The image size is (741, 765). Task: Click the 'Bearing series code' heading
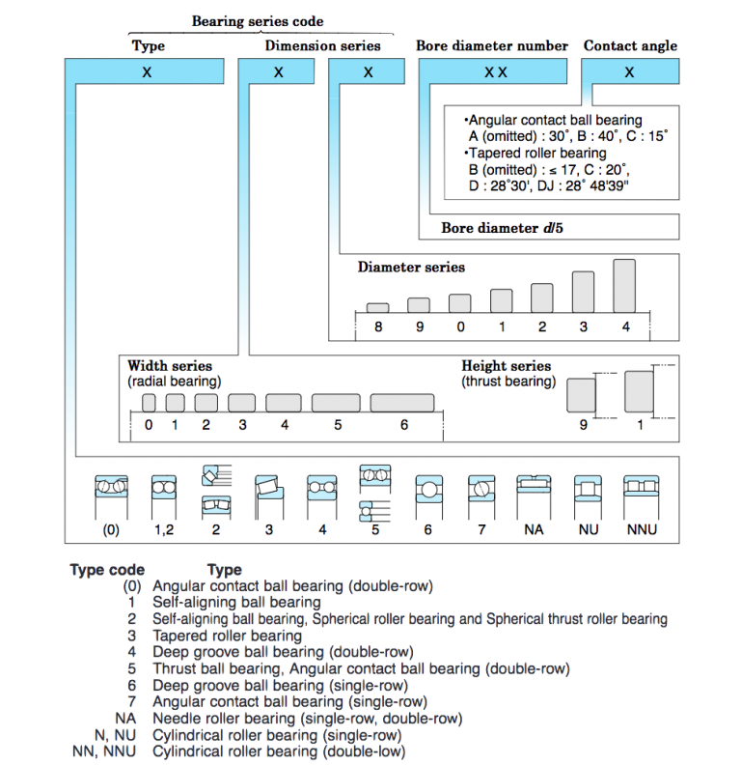click(258, 21)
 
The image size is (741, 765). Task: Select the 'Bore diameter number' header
click(492, 45)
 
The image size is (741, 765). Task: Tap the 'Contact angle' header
click(630, 45)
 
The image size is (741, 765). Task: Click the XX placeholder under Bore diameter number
click(495, 72)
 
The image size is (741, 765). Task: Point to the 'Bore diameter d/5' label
click(502, 228)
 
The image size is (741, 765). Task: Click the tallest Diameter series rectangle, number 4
click(624, 286)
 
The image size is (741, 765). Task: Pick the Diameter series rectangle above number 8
click(378, 308)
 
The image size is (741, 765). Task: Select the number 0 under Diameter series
click(460, 326)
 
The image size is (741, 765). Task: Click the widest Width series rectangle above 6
click(402, 403)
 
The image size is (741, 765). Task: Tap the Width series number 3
click(242, 425)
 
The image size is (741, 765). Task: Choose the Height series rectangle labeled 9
click(581, 395)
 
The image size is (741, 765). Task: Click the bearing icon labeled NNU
click(641, 496)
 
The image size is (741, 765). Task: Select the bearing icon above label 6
click(429, 496)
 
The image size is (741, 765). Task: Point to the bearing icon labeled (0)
click(111, 496)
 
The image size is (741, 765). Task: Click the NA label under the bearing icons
click(534, 530)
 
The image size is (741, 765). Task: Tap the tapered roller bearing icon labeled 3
click(268, 496)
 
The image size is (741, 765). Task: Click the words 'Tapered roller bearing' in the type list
click(227, 636)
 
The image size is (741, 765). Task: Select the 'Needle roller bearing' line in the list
click(308, 719)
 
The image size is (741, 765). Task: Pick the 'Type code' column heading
click(107, 570)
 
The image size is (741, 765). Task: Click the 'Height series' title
click(506, 366)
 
